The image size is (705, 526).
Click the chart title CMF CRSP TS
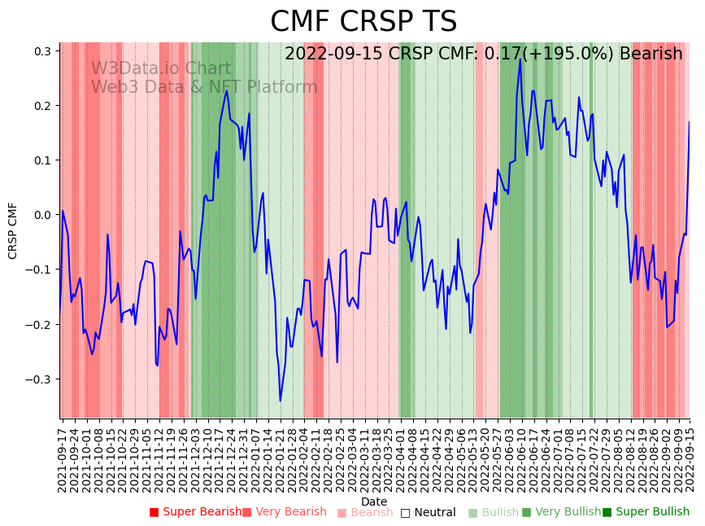tap(363, 22)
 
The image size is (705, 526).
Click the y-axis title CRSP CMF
tap(13, 230)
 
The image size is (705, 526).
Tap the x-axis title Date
tap(374, 502)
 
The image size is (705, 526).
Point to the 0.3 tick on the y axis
tap(42, 51)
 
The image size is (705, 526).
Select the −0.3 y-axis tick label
tap(38, 379)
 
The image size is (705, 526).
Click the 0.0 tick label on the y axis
tap(42, 215)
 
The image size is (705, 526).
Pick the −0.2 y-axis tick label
tap(38, 325)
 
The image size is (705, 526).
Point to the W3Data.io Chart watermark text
tap(161, 68)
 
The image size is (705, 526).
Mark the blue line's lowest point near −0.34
tap(280, 401)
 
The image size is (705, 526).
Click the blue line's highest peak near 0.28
tap(520, 59)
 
